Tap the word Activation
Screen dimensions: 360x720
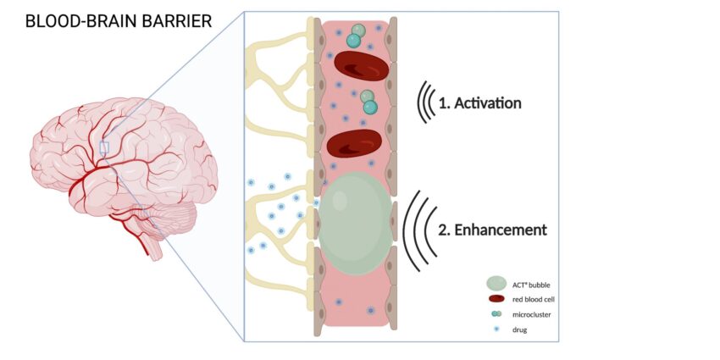[x=490, y=103]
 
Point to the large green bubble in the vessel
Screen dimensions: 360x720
[x=356, y=224]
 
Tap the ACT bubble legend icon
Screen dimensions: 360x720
[x=497, y=284]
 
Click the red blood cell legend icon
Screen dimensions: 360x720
[x=497, y=298]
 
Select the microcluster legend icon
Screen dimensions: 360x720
[x=497, y=313]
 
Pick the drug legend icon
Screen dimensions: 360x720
[x=497, y=328]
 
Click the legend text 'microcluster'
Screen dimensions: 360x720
[x=531, y=313]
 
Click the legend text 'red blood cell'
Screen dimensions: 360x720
[x=534, y=298]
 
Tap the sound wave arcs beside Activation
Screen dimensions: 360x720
[x=424, y=103]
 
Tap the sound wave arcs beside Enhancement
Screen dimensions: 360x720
[x=418, y=230]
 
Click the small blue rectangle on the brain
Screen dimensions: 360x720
[x=104, y=147]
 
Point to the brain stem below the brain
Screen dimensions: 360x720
[x=153, y=245]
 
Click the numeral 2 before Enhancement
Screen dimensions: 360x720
[x=442, y=230]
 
